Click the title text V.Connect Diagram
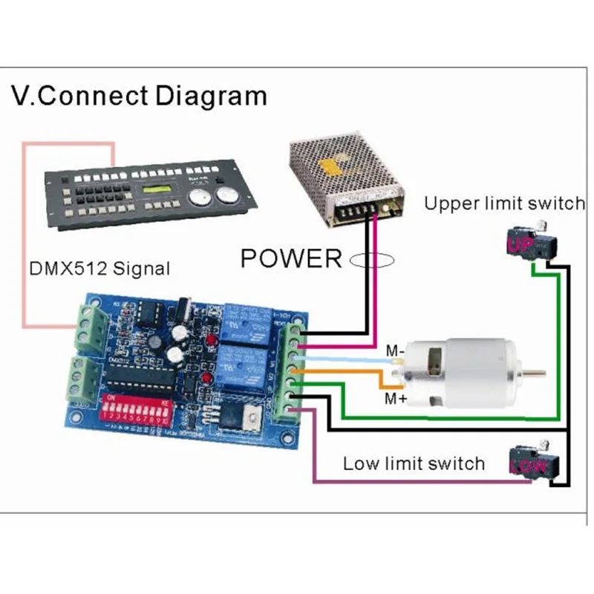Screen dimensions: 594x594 139,96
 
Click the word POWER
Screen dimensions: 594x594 290,258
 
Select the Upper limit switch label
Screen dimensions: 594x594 504,203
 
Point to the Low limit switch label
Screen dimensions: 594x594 414,464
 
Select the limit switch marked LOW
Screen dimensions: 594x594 531,463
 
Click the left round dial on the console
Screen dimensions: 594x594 199,198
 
